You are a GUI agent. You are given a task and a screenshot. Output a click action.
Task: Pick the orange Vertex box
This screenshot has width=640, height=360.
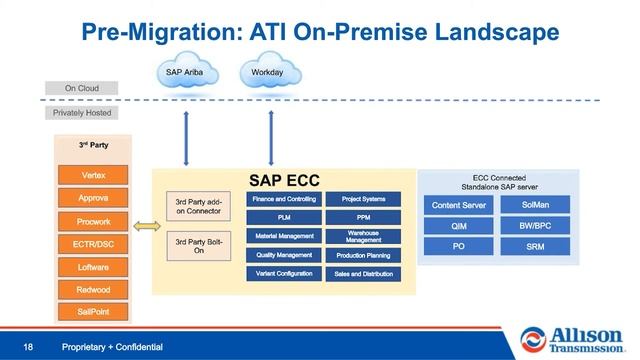click(93, 176)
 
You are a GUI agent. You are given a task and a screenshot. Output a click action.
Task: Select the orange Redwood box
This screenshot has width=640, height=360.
click(93, 290)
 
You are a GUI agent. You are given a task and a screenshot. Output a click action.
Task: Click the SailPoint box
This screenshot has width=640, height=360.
click(93, 312)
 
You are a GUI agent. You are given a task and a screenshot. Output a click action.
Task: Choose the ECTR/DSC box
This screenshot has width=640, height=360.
click(93, 244)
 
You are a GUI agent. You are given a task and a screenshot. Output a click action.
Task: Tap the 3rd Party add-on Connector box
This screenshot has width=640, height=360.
click(199, 207)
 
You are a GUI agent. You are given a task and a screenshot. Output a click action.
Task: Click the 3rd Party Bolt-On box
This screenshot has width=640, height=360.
click(199, 246)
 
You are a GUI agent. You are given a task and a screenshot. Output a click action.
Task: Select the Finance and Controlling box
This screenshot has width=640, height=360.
click(284, 199)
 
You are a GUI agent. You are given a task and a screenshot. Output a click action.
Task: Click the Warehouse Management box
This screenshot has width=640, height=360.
click(364, 236)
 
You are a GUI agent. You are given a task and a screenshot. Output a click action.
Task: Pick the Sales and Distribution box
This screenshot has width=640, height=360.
click(364, 273)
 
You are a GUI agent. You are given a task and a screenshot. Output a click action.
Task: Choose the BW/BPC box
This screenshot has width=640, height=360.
click(535, 226)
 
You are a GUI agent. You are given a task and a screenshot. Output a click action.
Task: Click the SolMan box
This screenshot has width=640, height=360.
click(535, 206)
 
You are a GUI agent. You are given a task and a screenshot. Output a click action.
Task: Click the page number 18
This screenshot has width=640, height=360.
click(29, 347)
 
